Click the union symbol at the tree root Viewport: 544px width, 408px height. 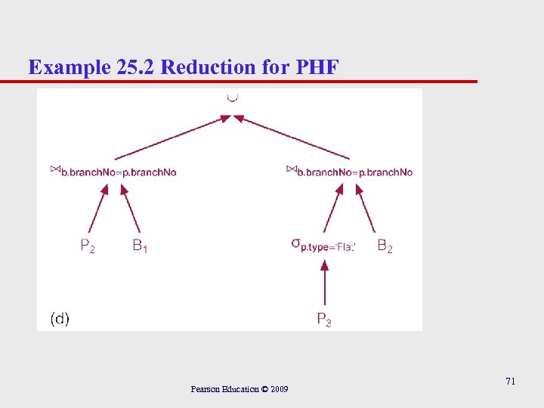232,97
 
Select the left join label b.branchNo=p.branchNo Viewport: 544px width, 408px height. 113,172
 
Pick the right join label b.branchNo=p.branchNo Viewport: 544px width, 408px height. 350,172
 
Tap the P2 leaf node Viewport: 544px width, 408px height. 88,246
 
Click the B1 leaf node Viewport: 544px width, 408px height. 140,246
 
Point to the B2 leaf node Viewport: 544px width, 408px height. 385,246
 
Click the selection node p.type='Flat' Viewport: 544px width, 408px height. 323,245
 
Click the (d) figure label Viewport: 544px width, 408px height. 60,319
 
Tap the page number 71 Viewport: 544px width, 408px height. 510,382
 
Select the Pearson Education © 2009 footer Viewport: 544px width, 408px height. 240,389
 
